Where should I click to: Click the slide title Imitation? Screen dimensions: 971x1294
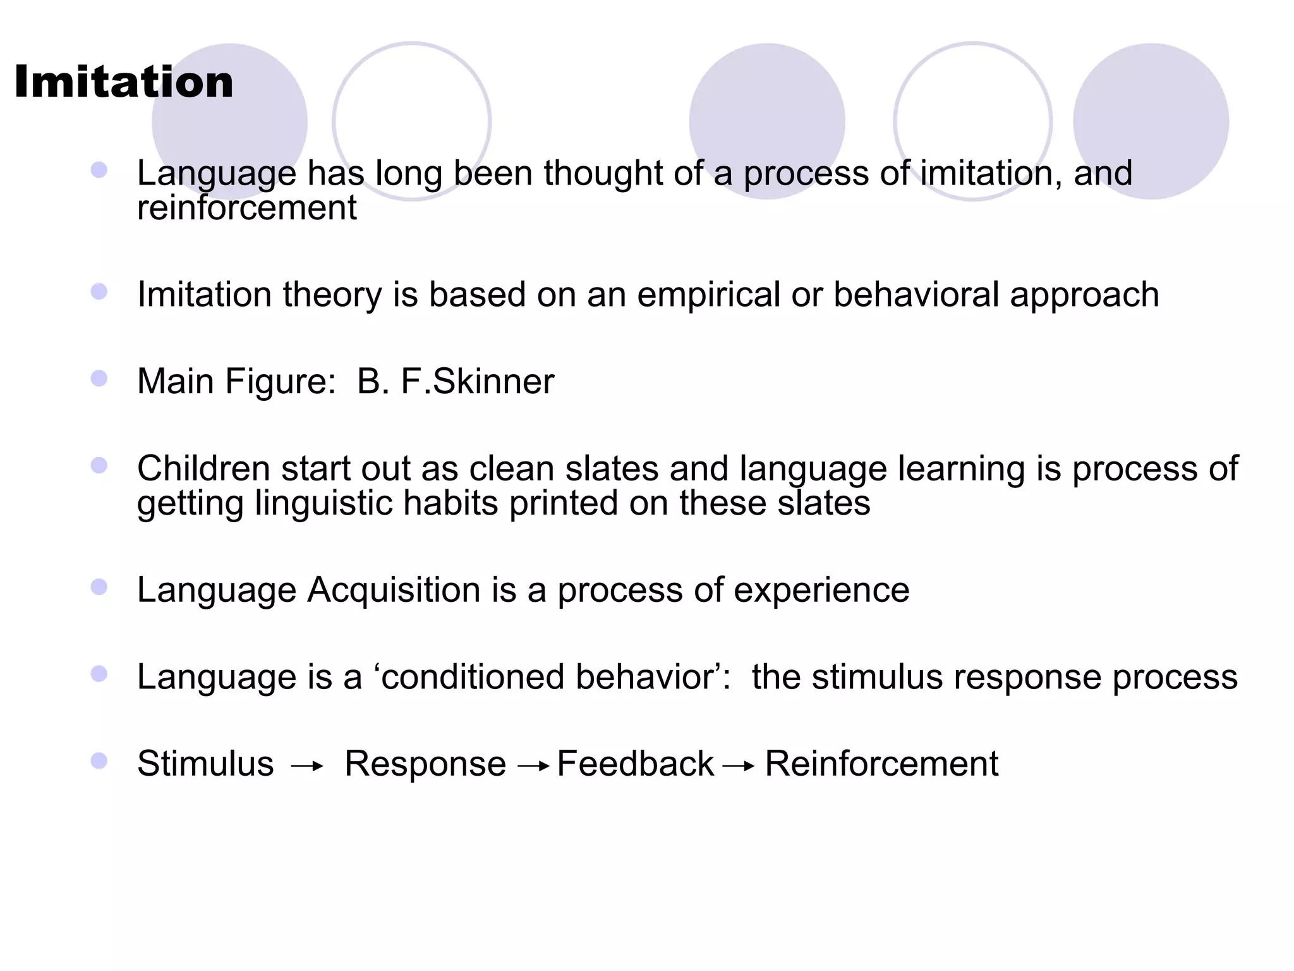click(124, 82)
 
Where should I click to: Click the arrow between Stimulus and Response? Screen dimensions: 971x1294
click(307, 767)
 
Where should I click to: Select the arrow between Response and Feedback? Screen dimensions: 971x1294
click(533, 767)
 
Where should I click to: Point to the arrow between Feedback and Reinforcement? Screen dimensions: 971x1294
click(739, 767)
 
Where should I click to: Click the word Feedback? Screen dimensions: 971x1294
click(635, 764)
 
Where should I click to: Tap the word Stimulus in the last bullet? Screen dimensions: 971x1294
click(205, 764)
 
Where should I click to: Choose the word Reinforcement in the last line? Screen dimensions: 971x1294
click(881, 764)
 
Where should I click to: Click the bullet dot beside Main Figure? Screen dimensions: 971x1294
click(99, 379)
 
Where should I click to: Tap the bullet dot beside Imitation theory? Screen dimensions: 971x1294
click(99, 291)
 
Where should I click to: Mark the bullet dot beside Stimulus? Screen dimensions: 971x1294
click(99, 760)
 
